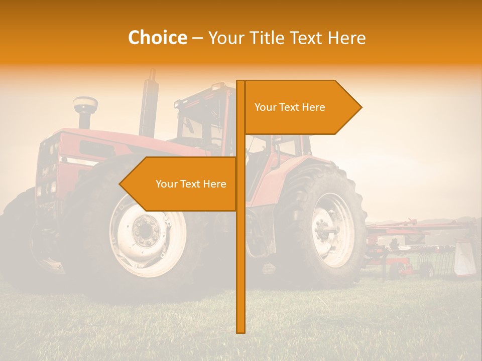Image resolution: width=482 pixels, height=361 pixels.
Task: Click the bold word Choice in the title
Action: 157,38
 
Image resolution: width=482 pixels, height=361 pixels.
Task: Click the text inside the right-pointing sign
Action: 290,107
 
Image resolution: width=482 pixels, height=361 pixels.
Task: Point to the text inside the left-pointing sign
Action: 191,184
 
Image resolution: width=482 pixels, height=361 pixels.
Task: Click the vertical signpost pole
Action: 240,251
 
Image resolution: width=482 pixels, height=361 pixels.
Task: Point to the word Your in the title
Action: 224,38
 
